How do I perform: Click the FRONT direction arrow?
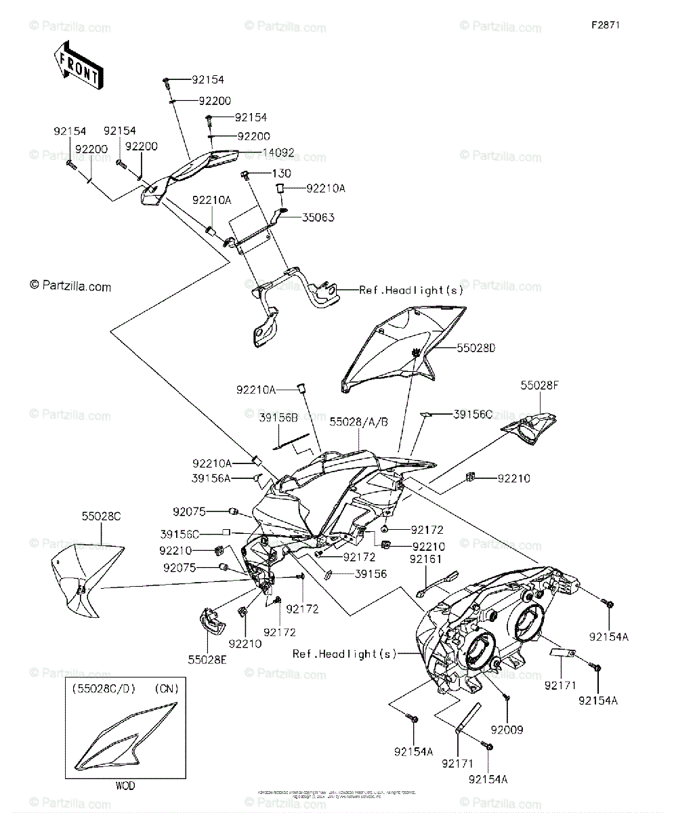click(x=79, y=65)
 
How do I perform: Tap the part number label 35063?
click(x=318, y=217)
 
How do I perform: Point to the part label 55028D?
click(x=476, y=348)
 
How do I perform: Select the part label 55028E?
click(x=207, y=657)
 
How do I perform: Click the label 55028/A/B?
click(x=359, y=421)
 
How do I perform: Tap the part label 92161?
click(x=425, y=559)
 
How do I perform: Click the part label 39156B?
click(x=278, y=418)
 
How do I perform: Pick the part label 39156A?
click(x=211, y=479)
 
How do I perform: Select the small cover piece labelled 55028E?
click(x=212, y=620)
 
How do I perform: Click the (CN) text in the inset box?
click(x=165, y=689)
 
